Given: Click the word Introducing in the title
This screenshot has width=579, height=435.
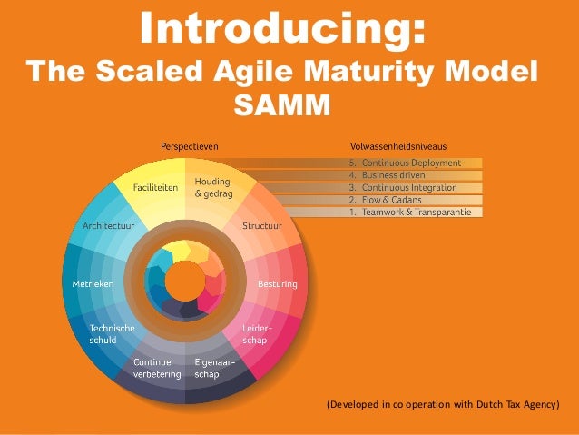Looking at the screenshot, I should [x=281, y=30].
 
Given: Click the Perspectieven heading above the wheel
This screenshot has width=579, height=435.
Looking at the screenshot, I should [x=189, y=145].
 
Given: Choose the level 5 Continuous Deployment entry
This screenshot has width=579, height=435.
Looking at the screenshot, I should [x=411, y=163].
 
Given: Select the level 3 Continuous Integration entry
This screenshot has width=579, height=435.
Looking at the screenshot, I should [x=411, y=187].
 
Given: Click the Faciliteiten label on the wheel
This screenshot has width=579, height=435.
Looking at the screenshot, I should [x=155, y=188].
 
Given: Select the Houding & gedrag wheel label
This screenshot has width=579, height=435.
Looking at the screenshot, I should [x=213, y=188].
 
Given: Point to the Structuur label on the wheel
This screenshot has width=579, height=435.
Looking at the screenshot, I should [x=262, y=224].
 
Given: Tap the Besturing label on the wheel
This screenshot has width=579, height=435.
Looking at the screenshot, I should [x=277, y=284].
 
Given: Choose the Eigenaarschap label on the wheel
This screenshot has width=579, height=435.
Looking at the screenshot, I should [x=215, y=368].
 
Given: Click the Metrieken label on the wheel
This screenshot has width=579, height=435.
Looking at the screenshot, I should [x=92, y=284].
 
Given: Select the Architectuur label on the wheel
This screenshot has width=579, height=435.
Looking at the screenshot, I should [x=108, y=224].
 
